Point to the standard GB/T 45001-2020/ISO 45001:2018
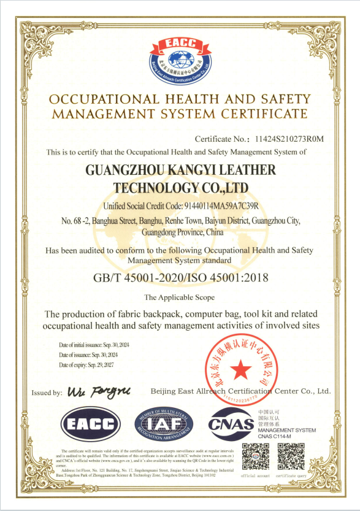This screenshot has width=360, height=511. point(180,278)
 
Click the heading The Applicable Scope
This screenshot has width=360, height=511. point(180,298)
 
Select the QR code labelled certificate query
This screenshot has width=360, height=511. point(291,456)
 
